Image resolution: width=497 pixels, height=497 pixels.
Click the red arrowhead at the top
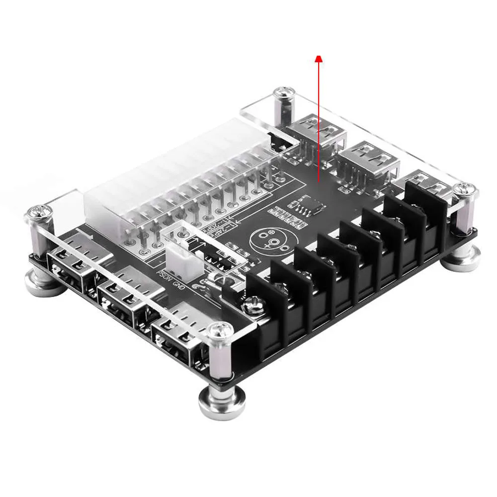coord(319,59)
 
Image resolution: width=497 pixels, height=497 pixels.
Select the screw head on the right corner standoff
coord(467,189)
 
